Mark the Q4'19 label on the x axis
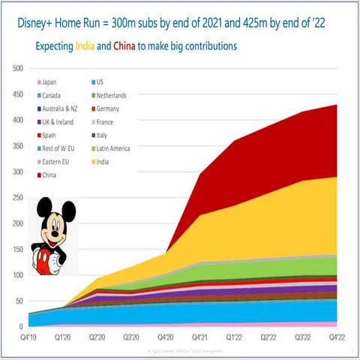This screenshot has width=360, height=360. pyautogui.click(x=28, y=337)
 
